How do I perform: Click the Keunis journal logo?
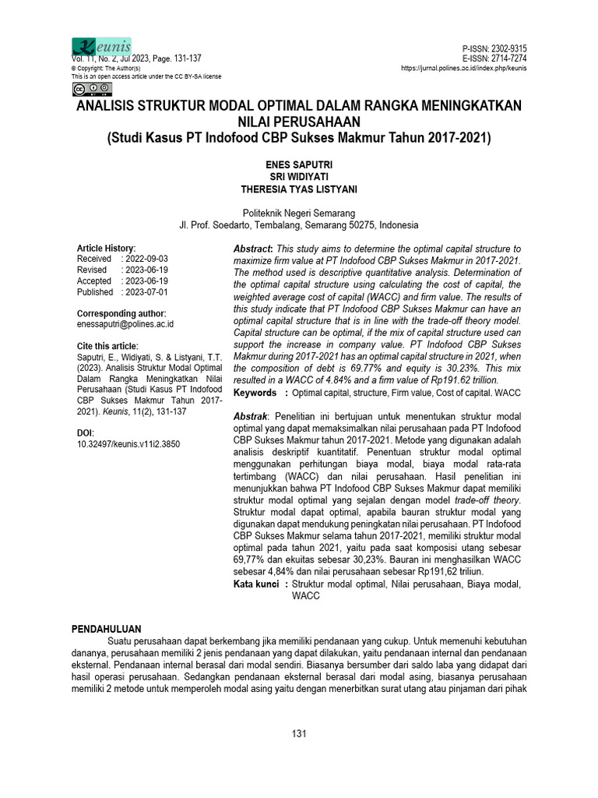101,47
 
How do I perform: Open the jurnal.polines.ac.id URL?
464,69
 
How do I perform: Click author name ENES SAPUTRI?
299,165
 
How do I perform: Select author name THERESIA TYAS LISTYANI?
299,189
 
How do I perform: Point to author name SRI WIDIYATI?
299,177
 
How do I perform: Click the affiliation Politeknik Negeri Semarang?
299,213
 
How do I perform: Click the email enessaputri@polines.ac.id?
125,323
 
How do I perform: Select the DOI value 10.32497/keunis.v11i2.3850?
128,443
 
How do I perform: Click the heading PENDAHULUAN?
107,627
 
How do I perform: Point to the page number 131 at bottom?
299,734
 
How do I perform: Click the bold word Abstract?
253,247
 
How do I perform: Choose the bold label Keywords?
255,393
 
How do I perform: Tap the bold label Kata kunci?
257,584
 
